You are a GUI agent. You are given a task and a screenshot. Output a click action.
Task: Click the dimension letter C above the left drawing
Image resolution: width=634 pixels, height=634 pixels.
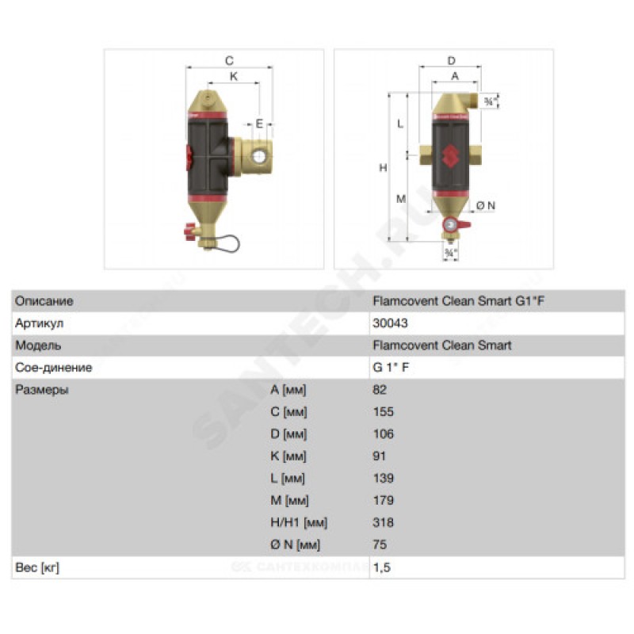click(x=229, y=61)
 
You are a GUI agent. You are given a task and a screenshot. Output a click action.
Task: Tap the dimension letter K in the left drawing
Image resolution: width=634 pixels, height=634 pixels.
click(x=234, y=76)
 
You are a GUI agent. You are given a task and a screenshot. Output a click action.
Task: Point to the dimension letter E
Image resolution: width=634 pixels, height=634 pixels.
click(x=259, y=124)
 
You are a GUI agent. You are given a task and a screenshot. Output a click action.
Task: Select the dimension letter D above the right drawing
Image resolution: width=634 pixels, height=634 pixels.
click(x=451, y=61)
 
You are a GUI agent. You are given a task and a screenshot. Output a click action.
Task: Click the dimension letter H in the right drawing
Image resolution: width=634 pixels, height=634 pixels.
click(x=383, y=168)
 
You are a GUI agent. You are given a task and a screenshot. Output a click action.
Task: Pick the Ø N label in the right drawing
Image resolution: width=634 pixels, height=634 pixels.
click(x=486, y=206)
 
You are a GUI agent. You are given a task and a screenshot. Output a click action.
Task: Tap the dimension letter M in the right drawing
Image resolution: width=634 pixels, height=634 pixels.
click(x=401, y=199)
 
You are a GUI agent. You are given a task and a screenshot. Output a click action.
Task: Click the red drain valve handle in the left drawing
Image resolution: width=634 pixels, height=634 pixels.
click(x=189, y=231)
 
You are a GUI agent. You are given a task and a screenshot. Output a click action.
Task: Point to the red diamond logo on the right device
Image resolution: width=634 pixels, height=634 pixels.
click(x=449, y=155)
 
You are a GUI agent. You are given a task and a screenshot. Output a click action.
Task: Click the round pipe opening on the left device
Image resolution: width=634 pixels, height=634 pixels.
click(x=259, y=156)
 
